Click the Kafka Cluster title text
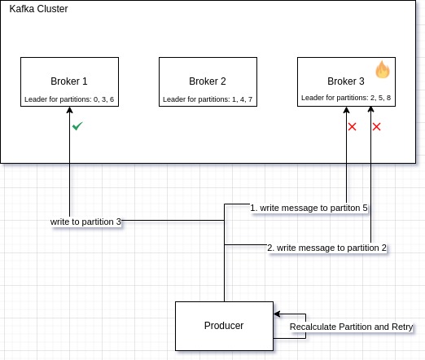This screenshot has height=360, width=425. (x=39, y=9)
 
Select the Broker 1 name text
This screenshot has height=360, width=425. (x=68, y=81)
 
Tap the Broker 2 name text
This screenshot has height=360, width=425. (x=207, y=81)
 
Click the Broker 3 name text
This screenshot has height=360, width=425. (x=346, y=81)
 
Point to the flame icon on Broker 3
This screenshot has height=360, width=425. (x=383, y=70)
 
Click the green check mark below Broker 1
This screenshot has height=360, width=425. (x=77, y=126)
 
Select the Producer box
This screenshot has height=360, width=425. (x=224, y=326)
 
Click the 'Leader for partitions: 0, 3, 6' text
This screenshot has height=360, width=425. (x=69, y=99)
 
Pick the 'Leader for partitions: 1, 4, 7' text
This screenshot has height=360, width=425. (x=207, y=99)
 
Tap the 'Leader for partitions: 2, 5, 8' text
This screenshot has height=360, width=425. (x=346, y=99)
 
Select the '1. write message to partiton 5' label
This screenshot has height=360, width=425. (x=309, y=209)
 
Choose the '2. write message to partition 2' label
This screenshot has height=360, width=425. (x=327, y=248)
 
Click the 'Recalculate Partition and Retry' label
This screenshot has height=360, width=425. (x=352, y=327)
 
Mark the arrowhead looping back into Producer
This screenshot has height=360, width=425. (x=277, y=314)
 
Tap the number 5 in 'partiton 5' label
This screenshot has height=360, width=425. (x=365, y=209)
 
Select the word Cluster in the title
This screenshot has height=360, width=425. (x=53, y=9)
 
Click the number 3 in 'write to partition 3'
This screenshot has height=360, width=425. (x=119, y=222)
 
